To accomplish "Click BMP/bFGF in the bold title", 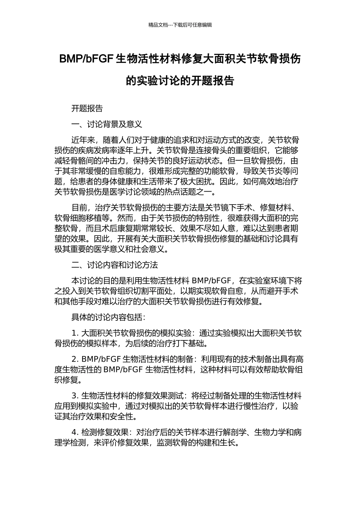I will point(87,59).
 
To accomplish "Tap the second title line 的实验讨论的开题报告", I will point(180,81).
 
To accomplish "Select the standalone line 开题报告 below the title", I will point(87,108).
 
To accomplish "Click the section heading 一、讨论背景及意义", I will point(107,124).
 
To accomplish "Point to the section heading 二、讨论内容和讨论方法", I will point(115,265).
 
